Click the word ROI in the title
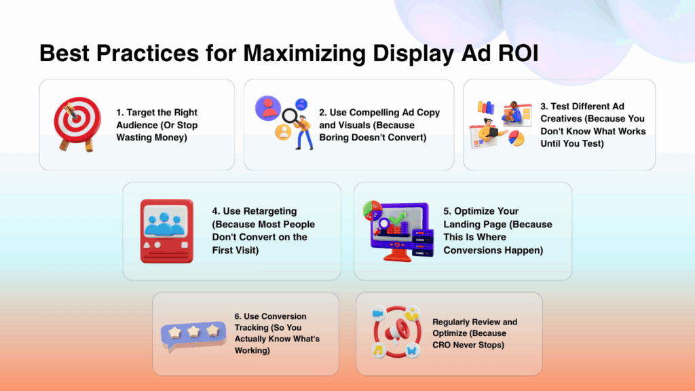pos(518,53)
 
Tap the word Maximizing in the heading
pos(304,54)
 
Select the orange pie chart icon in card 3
pos(516,138)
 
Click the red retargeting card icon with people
pos(167,231)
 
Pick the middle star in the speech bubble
pos(193,331)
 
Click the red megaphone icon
pos(396,331)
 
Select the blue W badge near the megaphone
pos(412,351)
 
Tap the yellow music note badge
pos(379,350)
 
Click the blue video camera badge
pos(378,314)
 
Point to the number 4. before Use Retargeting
pos(216,211)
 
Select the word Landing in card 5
pos(462,225)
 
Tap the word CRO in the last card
pos(441,345)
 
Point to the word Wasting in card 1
pos(134,138)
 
